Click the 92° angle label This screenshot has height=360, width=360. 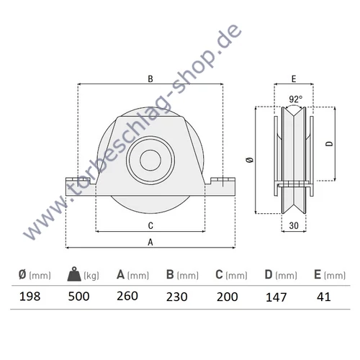(296, 99)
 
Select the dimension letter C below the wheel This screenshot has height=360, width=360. (150, 225)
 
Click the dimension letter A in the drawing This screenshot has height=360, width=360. (150, 243)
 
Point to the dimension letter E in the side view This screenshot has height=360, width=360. (295, 80)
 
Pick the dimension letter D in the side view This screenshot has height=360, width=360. (329, 144)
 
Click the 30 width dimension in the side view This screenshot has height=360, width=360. (294, 225)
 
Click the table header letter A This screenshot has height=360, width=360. (120, 274)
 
